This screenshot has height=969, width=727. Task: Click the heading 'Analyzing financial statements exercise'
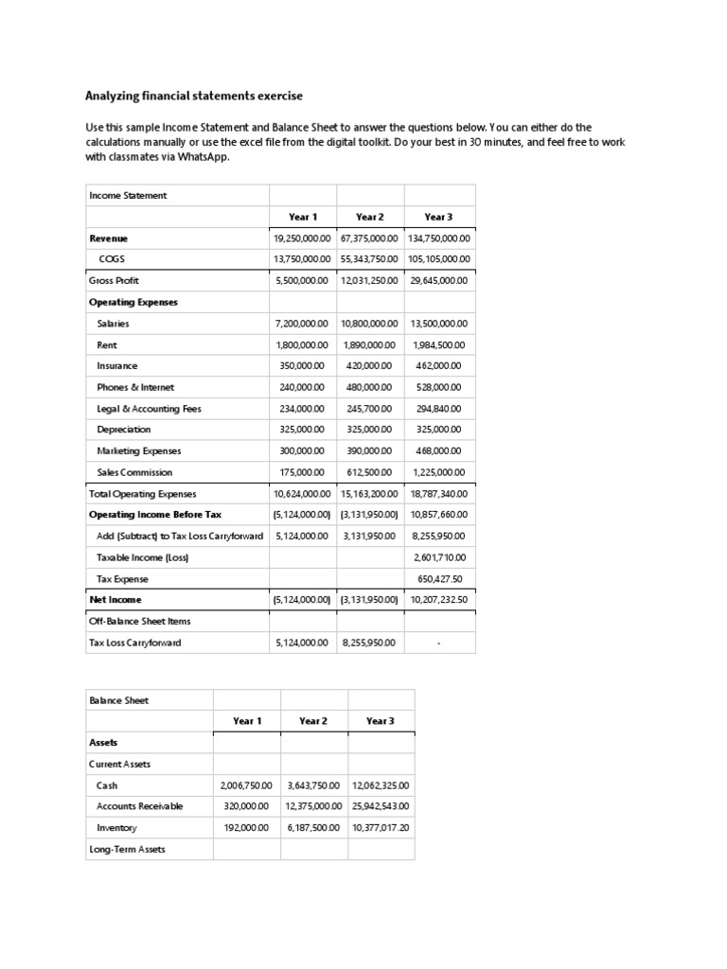(x=195, y=96)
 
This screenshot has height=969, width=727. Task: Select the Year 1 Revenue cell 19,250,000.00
(x=303, y=238)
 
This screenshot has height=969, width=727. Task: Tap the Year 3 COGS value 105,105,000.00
(x=439, y=259)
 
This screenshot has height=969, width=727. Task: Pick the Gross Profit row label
(x=114, y=281)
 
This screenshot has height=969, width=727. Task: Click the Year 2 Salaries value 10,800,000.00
(x=370, y=324)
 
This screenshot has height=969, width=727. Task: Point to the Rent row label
(x=107, y=345)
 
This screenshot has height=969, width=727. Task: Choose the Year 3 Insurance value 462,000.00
(x=439, y=366)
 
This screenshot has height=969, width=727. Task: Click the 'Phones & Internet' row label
(x=135, y=387)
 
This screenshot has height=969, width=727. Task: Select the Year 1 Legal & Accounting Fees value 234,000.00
(x=303, y=409)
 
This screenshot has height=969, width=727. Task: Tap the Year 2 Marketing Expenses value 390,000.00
(x=370, y=451)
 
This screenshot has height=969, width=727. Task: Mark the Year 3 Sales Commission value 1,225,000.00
(x=439, y=472)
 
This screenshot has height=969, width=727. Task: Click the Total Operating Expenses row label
(x=142, y=494)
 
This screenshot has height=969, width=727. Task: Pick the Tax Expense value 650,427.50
(x=439, y=579)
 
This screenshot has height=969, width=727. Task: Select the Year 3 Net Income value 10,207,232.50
(x=439, y=600)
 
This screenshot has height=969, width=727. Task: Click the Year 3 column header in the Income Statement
(x=439, y=217)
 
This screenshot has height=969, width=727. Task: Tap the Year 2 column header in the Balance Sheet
(x=313, y=721)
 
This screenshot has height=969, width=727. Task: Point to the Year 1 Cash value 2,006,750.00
(x=246, y=785)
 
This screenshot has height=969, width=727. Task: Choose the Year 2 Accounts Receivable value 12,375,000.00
(x=313, y=806)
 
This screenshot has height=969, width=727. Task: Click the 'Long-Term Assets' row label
(x=127, y=849)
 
